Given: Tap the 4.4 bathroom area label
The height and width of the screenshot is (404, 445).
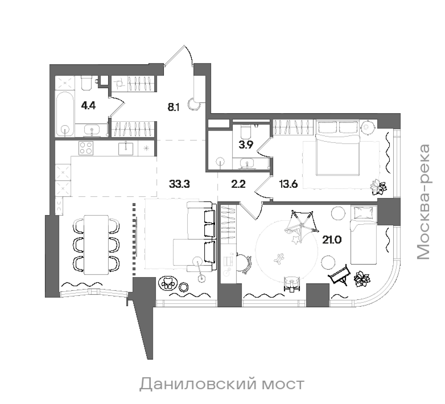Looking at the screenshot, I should point(89,106).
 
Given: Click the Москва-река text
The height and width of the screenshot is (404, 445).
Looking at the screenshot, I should point(423,202).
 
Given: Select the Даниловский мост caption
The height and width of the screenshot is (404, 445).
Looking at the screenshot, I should point(222,384).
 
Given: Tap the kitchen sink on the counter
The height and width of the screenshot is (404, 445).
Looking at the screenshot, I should point(126,148).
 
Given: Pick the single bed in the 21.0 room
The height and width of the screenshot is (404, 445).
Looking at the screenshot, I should point(363,235).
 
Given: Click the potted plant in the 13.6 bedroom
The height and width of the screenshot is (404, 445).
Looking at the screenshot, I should point(378,187).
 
